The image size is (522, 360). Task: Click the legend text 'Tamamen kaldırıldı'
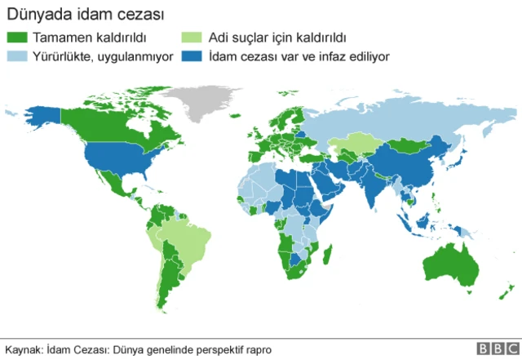pos(89,38)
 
